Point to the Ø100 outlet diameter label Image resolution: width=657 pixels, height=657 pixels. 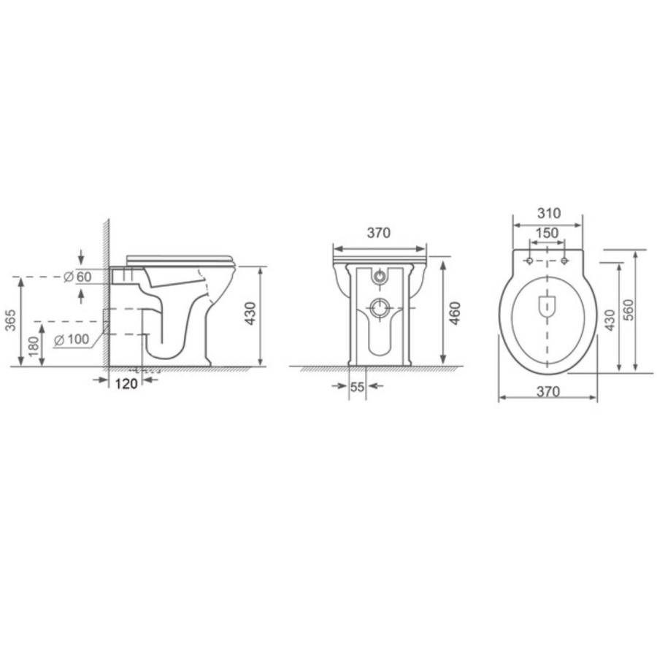point(72,339)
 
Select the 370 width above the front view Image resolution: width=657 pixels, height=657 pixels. point(379,233)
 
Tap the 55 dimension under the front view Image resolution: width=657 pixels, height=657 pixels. point(357,388)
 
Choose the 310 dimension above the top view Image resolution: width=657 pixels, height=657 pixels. point(547,213)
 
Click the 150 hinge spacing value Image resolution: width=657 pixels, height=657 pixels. point(547,233)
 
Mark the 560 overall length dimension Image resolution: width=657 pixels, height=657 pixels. point(628,310)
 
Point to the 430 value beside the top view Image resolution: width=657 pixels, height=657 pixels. point(610,319)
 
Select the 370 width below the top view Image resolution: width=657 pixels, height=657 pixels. point(547,392)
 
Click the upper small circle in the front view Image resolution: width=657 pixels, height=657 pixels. point(379,277)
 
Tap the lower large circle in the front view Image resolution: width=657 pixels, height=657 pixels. point(379,307)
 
